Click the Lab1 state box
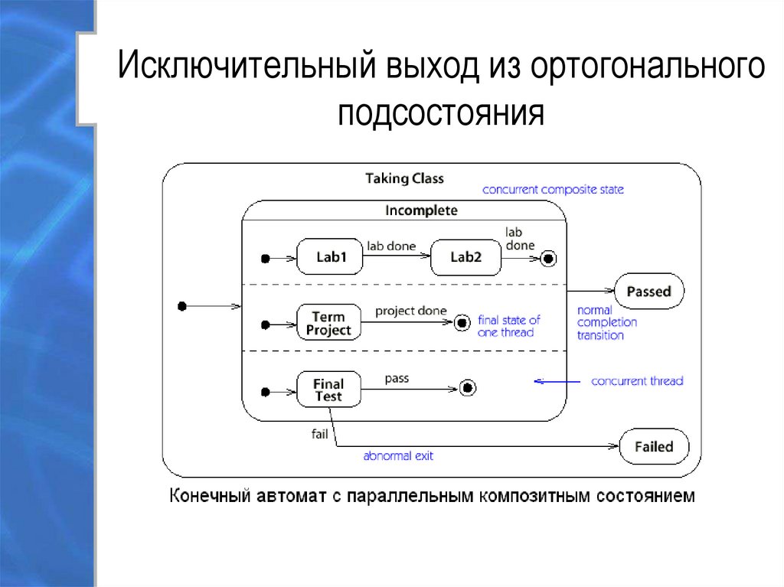(332, 258)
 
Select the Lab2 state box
(465, 258)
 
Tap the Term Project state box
(328, 323)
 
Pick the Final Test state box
(328, 390)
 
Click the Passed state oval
(648, 292)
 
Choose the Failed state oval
(653, 447)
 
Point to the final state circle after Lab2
(547, 259)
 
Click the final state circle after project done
(461, 323)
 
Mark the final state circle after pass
(468, 389)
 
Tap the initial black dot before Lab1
(265, 259)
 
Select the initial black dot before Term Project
(265, 324)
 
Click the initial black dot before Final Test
(265, 392)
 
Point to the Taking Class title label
(404, 178)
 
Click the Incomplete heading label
(421, 210)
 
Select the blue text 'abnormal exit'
(398, 456)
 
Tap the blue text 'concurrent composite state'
(553, 189)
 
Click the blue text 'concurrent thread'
(637, 380)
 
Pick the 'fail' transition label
(319, 434)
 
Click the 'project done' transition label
(410, 311)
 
